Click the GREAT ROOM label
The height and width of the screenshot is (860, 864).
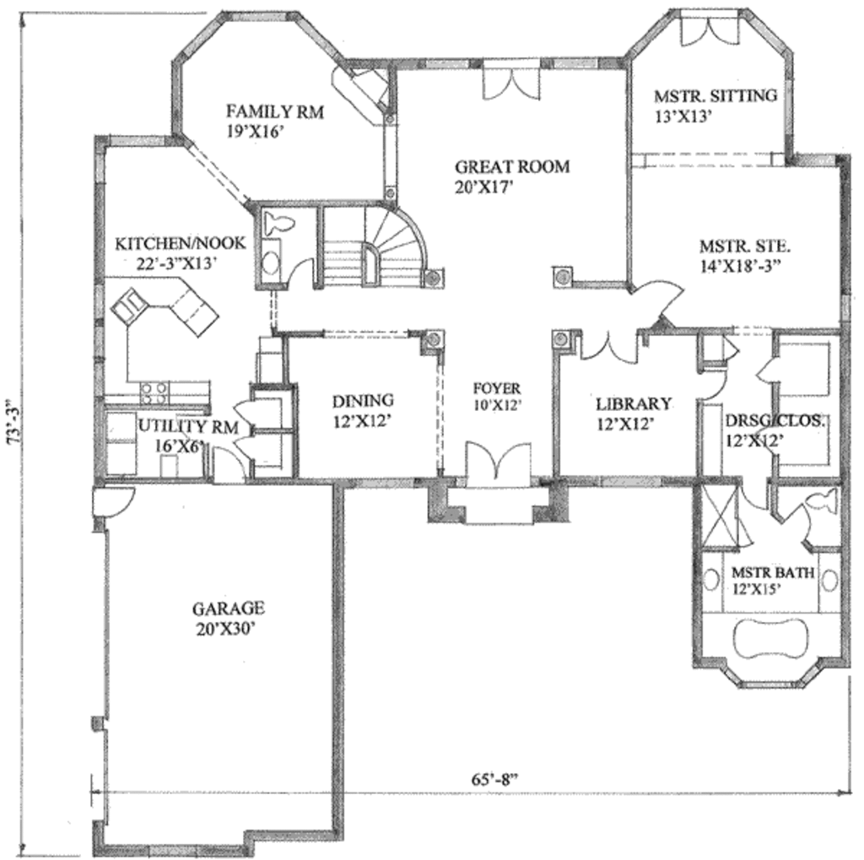click(x=511, y=166)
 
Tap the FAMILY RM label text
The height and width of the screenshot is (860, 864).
click(x=275, y=111)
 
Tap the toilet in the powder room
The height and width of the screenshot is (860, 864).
click(x=276, y=224)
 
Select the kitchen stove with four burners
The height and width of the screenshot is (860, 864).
click(x=154, y=392)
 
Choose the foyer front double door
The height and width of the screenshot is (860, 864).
click(x=498, y=467)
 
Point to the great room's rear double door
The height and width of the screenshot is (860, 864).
click(x=511, y=84)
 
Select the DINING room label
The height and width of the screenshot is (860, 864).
click(x=362, y=401)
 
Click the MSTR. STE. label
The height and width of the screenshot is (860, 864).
click(x=744, y=247)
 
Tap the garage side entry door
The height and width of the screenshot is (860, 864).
click(x=111, y=502)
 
